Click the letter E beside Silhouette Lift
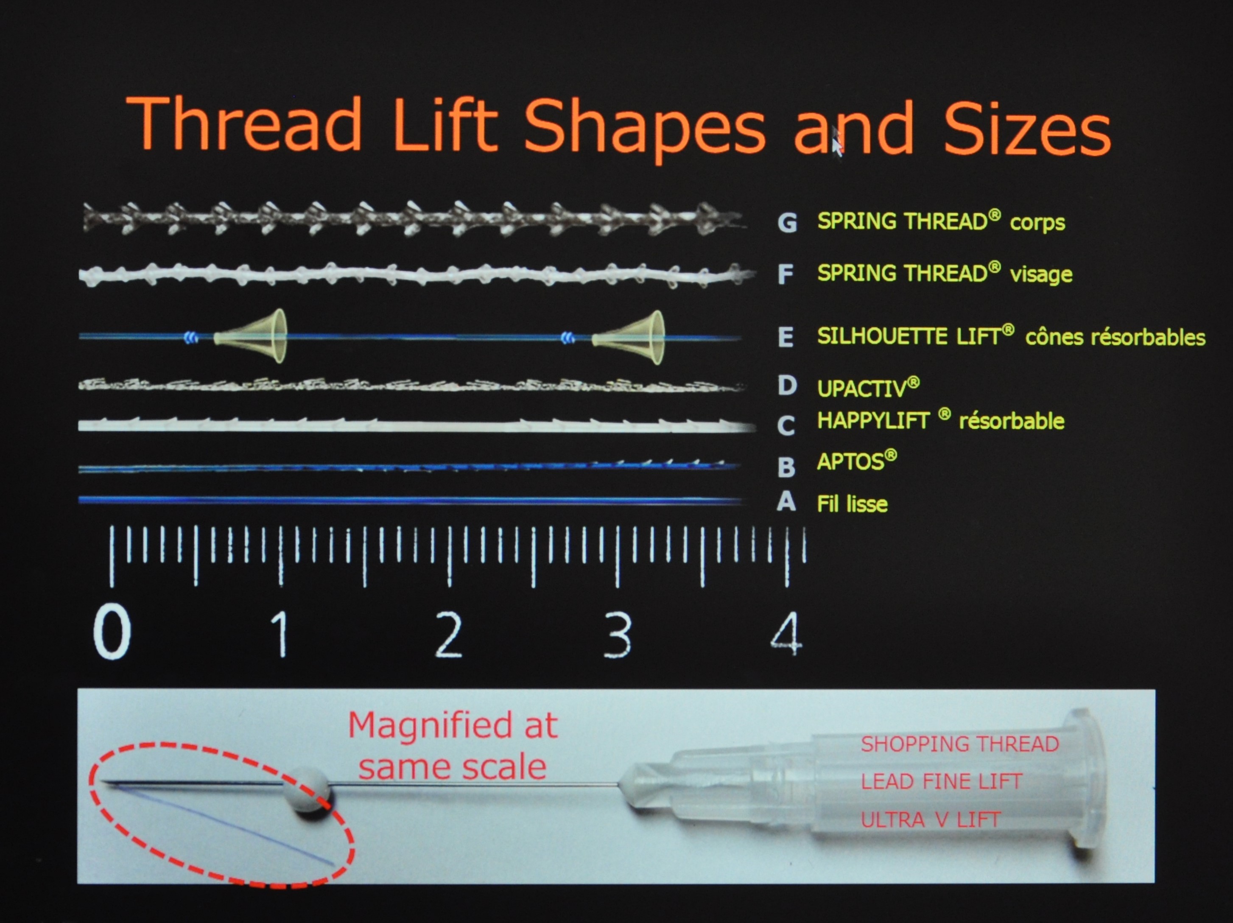(786, 337)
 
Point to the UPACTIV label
(868, 387)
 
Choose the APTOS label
(857, 461)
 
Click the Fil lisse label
(852, 504)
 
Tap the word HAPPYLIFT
(873, 420)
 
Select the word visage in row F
(1041, 274)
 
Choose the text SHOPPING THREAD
(959, 744)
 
